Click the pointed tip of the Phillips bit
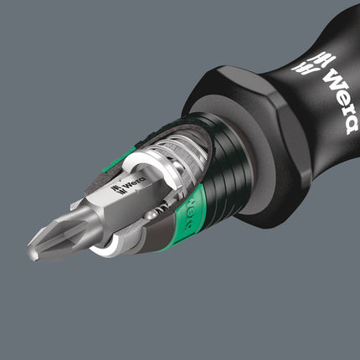pos(33,247)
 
